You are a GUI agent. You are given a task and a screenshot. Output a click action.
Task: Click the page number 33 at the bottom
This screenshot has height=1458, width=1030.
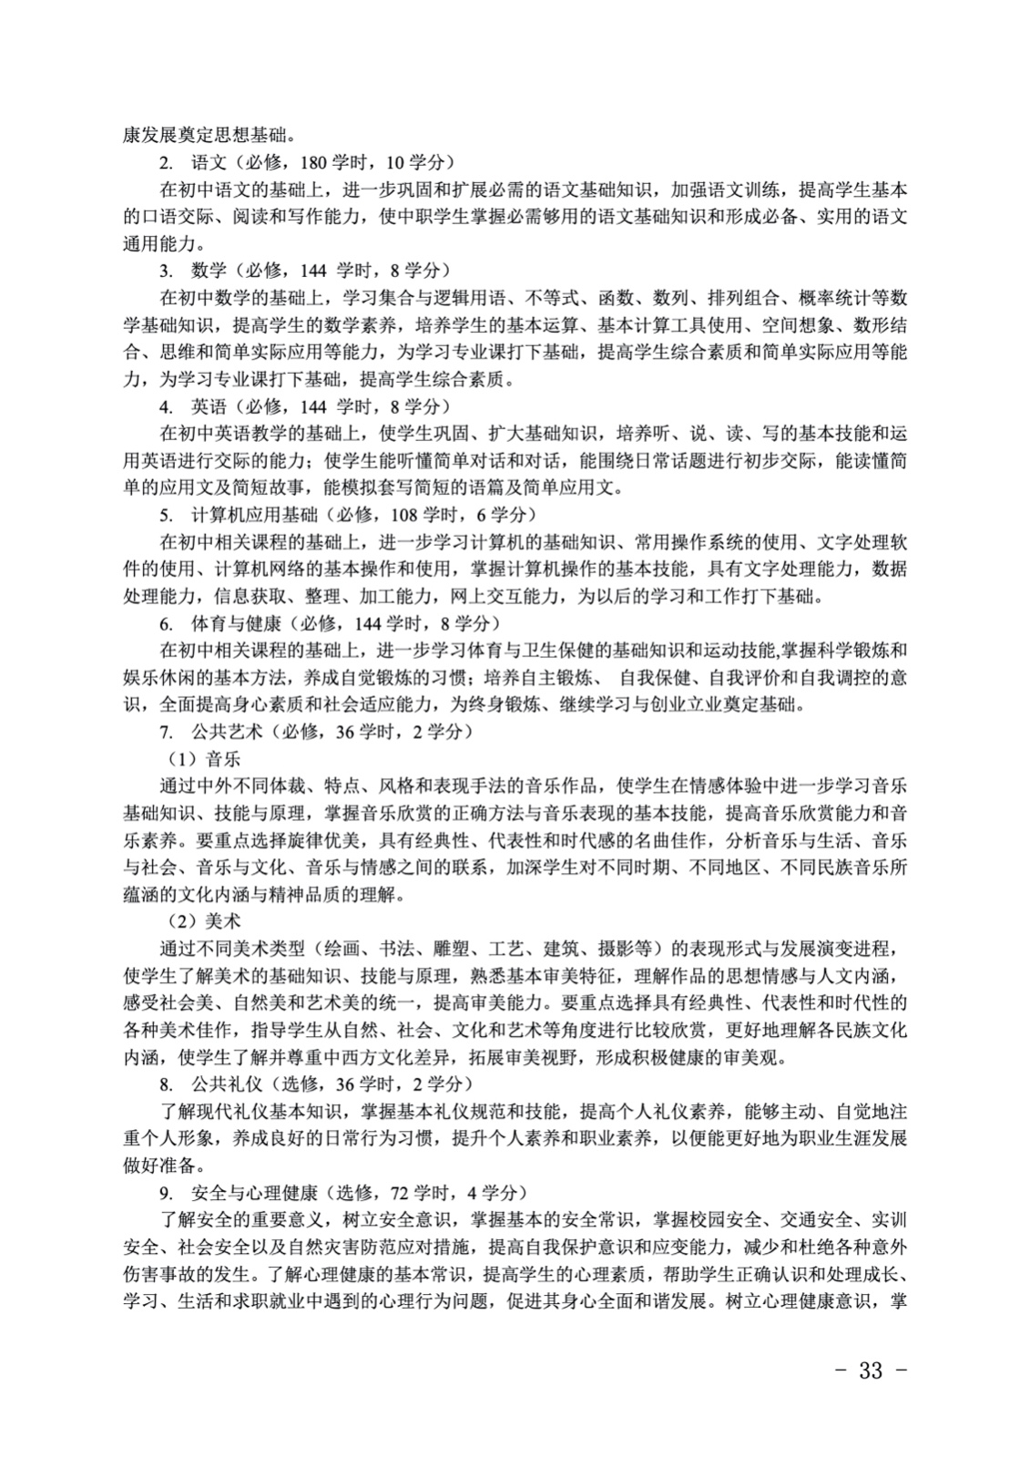tap(871, 1371)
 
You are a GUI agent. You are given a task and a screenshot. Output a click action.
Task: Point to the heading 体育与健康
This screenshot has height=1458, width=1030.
tap(235, 623)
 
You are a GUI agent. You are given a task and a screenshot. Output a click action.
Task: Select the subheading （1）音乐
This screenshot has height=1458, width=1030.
tap(201, 759)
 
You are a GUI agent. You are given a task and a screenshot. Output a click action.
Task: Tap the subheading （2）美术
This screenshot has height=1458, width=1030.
tap(201, 921)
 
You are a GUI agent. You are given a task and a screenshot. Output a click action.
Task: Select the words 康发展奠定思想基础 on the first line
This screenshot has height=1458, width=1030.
tap(209, 136)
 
